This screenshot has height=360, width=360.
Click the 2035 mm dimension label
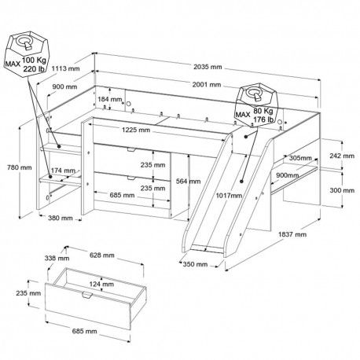pyautogui.click(x=208, y=67)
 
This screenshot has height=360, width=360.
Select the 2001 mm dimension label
pyautogui.click(x=207, y=85)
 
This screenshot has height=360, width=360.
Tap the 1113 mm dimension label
pyautogui.click(x=65, y=68)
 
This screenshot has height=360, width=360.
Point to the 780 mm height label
pyautogui.click(x=20, y=167)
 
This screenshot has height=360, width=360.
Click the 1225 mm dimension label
pyautogui.click(x=136, y=130)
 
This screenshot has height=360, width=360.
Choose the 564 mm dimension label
pyautogui.click(x=188, y=182)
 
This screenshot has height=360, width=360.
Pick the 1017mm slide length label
pyautogui.click(x=229, y=196)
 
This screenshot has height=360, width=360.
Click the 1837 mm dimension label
pyautogui.click(x=292, y=234)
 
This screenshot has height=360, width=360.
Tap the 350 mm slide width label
pyautogui.click(x=195, y=264)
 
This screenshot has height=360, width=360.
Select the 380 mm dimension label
pyautogui.click(x=61, y=218)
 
